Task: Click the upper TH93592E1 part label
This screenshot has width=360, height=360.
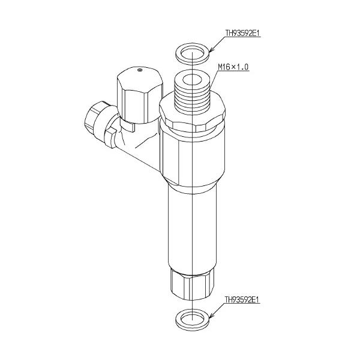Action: (242, 34)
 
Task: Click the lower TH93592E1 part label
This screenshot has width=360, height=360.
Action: (242, 299)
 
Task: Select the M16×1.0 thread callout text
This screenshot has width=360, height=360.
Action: (233, 67)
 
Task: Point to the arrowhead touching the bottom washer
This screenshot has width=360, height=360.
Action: (211, 316)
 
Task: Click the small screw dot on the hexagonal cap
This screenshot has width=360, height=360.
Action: (140, 70)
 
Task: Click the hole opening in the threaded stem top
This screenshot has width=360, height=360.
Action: (192, 80)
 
